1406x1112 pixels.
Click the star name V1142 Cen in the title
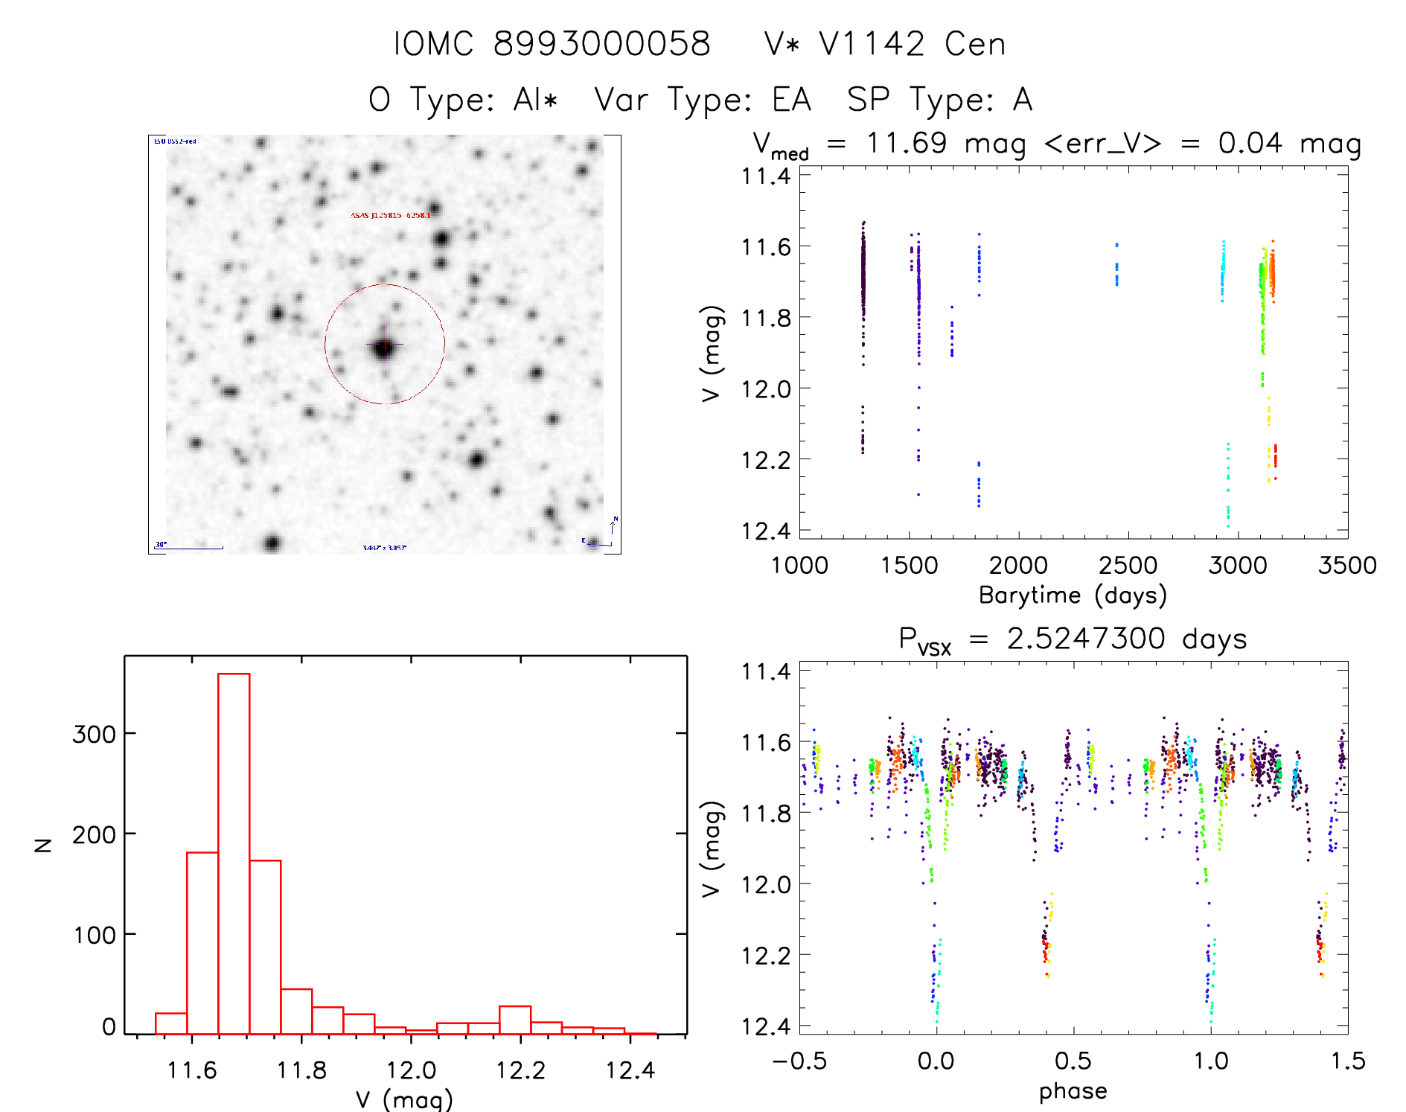point(913,44)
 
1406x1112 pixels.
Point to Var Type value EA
point(792,100)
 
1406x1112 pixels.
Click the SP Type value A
point(1023,100)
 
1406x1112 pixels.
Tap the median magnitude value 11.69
point(907,143)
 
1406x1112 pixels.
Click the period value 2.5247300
point(1086,639)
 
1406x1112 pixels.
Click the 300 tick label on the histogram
point(94,735)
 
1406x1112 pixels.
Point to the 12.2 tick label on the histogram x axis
point(520,1070)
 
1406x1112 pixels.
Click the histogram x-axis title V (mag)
point(404,1099)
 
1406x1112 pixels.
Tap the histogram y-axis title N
point(43,845)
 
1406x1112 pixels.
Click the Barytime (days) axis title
point(1073,595)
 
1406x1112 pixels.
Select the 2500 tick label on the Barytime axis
point(1128,566)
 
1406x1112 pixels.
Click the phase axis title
point(1073,1091)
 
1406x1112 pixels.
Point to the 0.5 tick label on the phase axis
point(1073,1061)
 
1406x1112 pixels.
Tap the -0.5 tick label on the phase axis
point(799,1061)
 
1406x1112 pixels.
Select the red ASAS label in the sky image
point(390,215)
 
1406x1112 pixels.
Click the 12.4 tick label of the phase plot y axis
point(766,1026)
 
